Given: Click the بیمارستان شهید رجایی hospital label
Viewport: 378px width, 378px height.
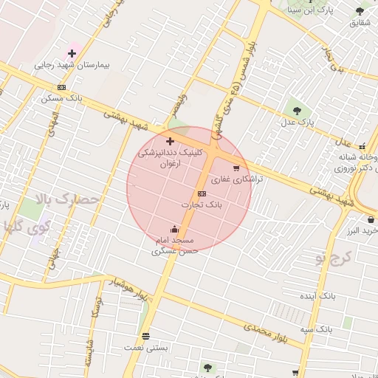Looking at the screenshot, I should click(x=72, y=66).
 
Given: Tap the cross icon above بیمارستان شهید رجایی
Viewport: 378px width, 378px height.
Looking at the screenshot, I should click(x=72, y=53).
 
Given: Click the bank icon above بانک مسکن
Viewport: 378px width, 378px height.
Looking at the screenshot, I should click(x=61, y=87).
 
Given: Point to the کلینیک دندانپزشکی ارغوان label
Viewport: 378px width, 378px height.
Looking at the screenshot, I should click(x=170, y=157).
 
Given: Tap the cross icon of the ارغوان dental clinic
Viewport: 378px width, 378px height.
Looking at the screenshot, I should click(x=170, y=140).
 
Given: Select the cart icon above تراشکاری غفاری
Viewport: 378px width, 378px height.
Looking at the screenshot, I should click(x=236, y=168).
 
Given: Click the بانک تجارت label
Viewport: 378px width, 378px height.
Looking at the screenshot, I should click(x=201, y=204).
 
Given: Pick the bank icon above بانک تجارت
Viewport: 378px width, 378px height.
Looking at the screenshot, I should click(x=202, y=193).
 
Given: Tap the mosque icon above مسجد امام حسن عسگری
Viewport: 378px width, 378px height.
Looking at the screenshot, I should click(x=174, y=229).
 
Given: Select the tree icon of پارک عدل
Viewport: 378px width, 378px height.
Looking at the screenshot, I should click(x=298, y=111).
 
